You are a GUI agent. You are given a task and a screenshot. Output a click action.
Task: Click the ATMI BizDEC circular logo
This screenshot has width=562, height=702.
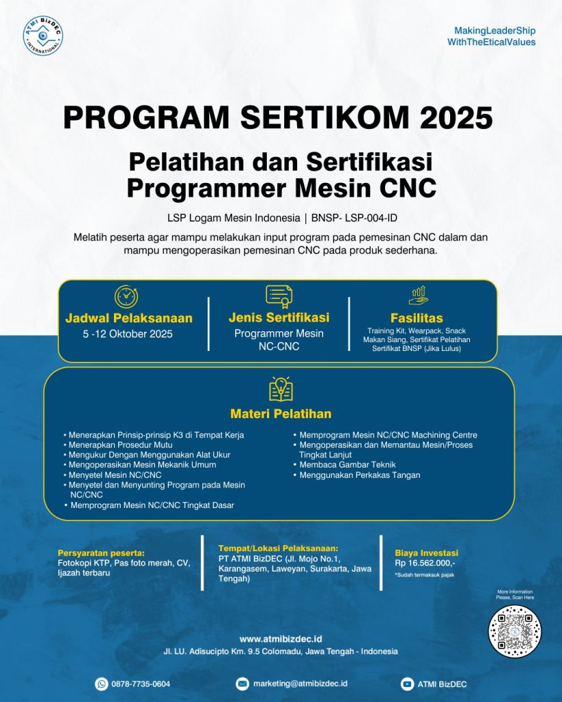tap(43, 35)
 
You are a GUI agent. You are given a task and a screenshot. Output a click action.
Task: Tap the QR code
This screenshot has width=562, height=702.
tap(515, 631)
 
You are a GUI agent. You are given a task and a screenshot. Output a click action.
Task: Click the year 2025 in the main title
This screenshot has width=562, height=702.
tap(456, 118)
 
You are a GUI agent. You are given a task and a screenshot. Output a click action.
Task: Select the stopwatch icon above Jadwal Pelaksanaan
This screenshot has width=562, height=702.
tap(126, 295)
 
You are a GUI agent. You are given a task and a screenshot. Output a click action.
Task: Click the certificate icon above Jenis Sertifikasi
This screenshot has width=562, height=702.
tap(279, 295)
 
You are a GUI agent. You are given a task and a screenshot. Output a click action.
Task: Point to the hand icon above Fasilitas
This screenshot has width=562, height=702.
tap(418, 295)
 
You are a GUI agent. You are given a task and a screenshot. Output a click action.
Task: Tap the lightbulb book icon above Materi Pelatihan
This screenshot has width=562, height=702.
tap(281, 389)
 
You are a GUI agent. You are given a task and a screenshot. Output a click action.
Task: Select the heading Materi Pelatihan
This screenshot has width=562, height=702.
tap(281, 413)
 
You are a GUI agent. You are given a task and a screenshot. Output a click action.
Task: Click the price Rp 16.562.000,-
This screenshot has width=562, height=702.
tap(425, 563)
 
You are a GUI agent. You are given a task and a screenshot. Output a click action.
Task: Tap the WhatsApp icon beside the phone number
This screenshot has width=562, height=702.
tap(102, 683)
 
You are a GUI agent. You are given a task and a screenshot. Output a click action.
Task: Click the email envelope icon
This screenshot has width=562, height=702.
tap(242, 683)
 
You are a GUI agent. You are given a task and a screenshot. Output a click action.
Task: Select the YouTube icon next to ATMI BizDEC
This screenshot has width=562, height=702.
tap(407, 683)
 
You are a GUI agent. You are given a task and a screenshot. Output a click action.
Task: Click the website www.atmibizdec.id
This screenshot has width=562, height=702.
tap(281, 638)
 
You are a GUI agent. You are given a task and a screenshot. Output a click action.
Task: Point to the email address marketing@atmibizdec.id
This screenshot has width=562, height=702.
tap(301, 683)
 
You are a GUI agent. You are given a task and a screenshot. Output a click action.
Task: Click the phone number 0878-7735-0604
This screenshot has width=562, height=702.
tap(142, 683)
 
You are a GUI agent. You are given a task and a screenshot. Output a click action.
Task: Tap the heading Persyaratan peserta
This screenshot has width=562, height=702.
tap(101, 553)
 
